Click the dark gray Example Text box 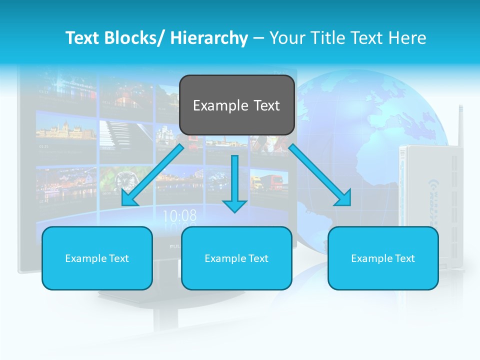[236, 105]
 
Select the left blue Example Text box [97, 258]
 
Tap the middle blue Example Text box [236, 258]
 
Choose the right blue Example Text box [383, 258]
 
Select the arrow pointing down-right [320, 175]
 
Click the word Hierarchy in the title [209, 38]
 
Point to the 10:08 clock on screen [179, 216]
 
